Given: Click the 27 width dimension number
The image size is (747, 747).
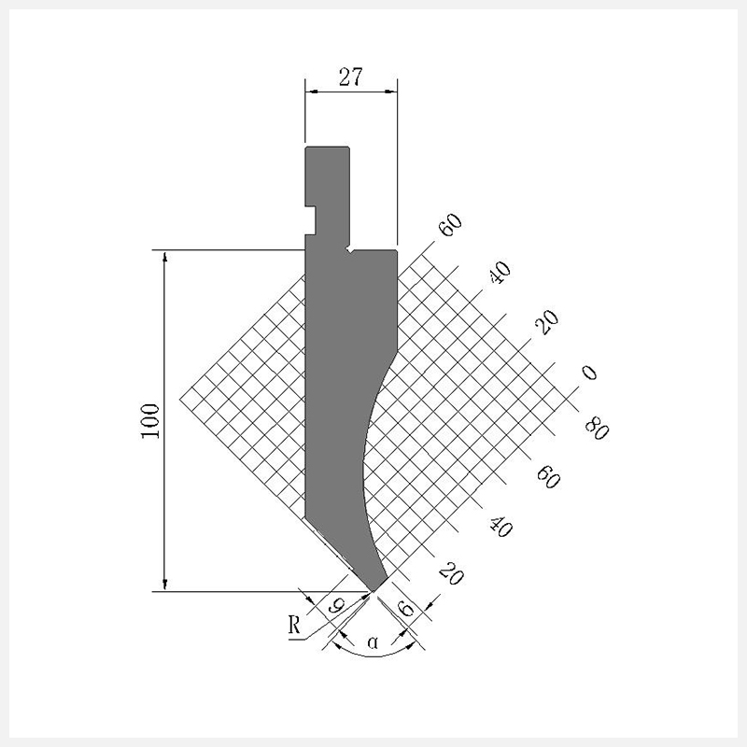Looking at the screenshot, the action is [351, 78].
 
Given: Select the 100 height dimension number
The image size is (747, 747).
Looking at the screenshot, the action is [150, 421].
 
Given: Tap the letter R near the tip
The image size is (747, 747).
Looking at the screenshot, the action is [295, 625].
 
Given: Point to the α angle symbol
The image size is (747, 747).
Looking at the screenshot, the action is [373, 643].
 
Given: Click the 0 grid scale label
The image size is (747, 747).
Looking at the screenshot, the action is [589, 372].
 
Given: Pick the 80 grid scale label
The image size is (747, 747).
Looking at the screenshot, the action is [597, 428].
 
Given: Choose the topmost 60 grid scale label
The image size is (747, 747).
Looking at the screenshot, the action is [450, 225].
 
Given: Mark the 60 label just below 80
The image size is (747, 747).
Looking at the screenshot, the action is [548, 477].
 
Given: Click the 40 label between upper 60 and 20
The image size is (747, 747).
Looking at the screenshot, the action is [500, 273].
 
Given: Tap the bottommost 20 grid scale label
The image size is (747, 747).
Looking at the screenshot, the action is [451, 573].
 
